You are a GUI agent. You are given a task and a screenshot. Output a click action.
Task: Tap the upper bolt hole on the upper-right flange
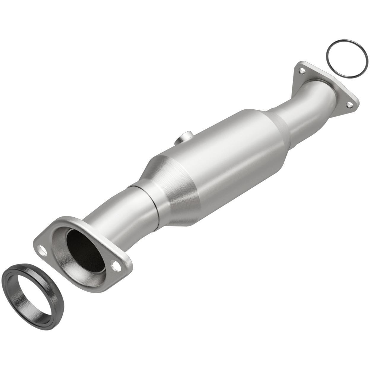[302, 71]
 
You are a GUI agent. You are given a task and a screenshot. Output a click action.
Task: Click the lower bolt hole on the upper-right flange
[350, 104]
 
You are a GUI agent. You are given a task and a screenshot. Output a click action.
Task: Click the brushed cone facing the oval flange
[172, 190]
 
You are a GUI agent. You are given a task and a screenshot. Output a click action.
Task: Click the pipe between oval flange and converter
[125, 213]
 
